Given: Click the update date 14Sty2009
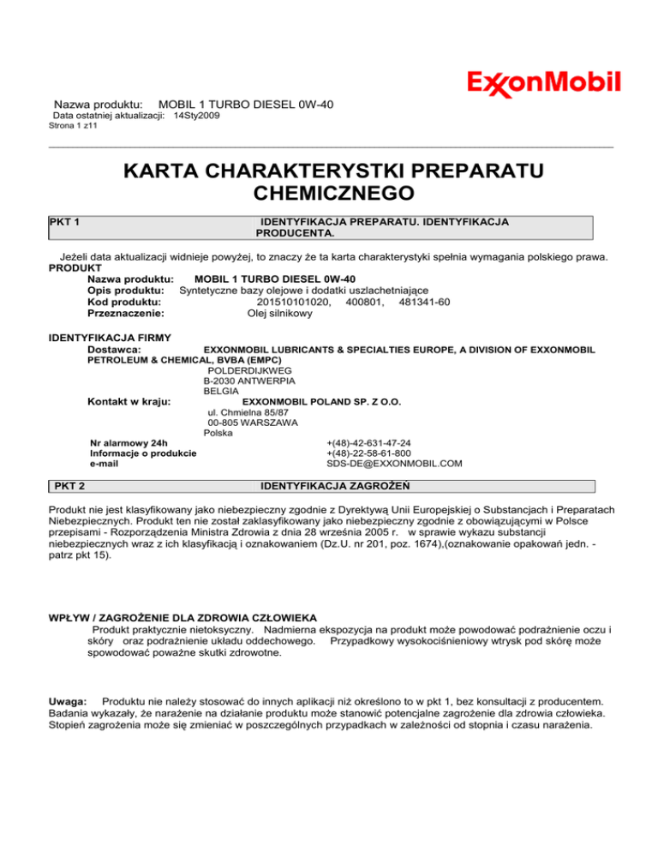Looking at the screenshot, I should [x=197, y=115].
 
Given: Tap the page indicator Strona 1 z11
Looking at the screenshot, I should [x=74, y=126].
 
